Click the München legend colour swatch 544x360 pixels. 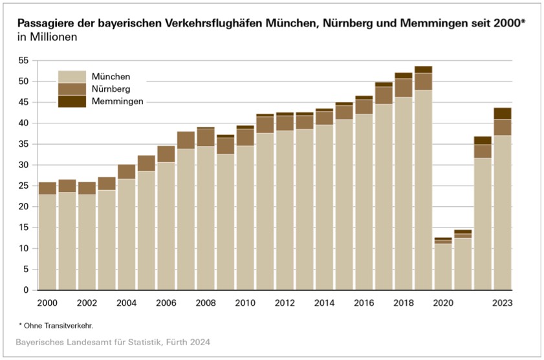(71, 76)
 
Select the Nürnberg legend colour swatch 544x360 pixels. (71, 89)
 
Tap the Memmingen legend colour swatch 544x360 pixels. (71, 101)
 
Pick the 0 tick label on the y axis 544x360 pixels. (26, 290)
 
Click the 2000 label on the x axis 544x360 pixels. (47, 302)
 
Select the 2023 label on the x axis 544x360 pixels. (502, 302)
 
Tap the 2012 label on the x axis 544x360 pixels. (285, 302)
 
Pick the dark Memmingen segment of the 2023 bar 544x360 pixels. (502, 113)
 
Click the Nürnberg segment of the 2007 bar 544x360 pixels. (186, 140)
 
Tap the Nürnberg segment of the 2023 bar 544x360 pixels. (502, 127)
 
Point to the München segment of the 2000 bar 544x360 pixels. (47, 242)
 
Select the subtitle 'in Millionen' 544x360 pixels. (47, 37)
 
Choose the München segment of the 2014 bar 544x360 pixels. (324, 207)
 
